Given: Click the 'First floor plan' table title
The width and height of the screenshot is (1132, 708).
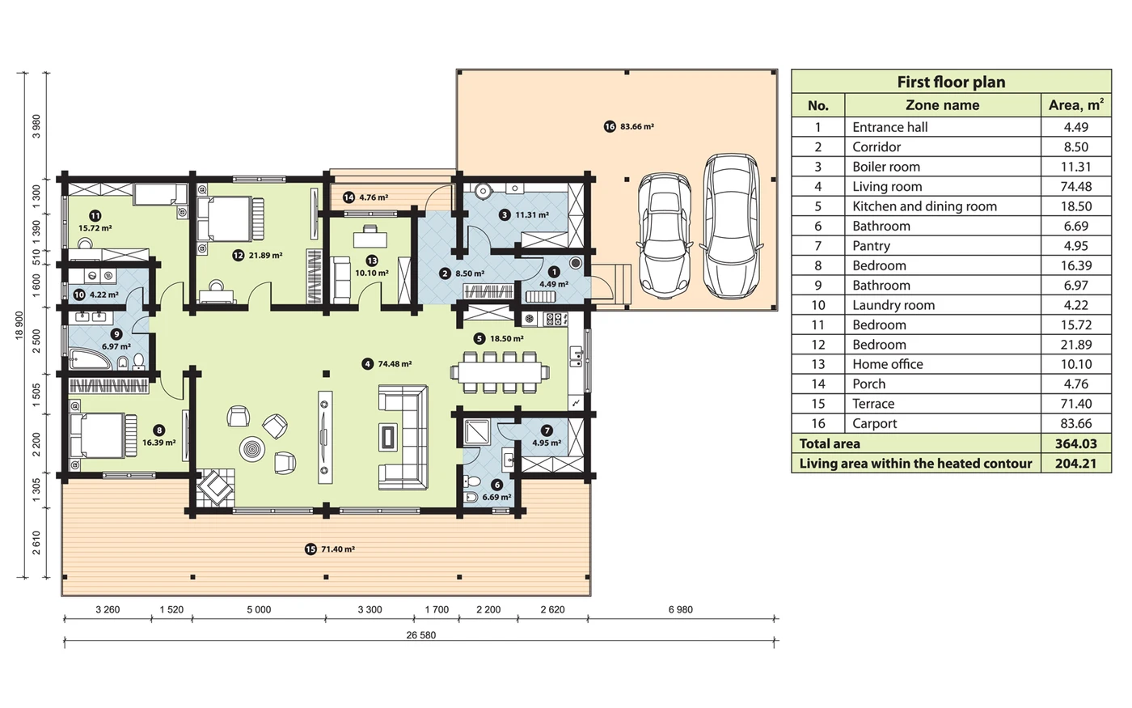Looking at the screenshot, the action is (951, 82).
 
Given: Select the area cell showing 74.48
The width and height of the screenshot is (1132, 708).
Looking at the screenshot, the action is (1076, 187).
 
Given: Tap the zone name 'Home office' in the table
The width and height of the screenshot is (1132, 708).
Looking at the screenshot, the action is (888, 364).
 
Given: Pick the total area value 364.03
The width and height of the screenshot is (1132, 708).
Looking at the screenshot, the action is (1076, 443).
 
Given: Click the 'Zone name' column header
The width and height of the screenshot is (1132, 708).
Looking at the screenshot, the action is (942, 105).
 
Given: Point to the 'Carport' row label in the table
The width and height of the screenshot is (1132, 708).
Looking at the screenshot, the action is (874, 424).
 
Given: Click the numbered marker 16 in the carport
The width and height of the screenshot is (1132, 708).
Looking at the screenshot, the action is (610, 126).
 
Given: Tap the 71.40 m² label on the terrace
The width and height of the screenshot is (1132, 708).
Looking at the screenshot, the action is (338, 549).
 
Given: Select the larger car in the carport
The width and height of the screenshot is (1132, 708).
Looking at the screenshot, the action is (731, 226).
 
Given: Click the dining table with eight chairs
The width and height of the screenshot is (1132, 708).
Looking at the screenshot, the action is (500, 372).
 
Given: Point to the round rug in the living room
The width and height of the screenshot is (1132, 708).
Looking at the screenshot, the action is (252, 449).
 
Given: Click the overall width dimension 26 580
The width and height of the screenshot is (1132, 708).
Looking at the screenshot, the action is (421, 635).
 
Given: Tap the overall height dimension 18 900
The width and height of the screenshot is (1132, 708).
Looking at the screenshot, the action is (19, 325).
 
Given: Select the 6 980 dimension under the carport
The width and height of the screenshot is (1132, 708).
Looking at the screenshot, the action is (680, 610).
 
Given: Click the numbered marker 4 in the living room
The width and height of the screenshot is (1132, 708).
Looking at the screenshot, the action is (367, 364).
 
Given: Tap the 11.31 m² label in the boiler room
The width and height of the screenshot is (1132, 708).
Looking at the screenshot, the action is (532, 215).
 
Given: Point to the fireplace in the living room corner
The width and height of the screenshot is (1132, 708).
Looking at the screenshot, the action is (216, 488).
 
